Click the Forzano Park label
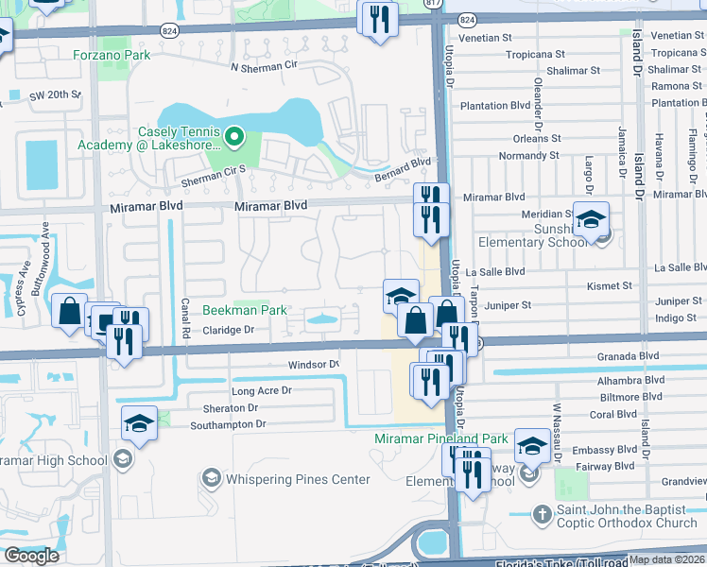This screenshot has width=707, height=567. [x=112, y=55]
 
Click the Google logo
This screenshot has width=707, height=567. [x=31, y=556]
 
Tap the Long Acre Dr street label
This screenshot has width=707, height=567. [x=262, y=390]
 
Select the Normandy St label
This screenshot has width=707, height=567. [x=528, y=155]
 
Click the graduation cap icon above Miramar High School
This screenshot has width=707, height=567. [x=139, y=423]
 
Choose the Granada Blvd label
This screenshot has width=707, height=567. [x=628, y=356]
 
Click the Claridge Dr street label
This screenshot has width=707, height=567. [x=229, y=331]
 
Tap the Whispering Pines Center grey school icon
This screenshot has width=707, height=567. [x=209, y=479]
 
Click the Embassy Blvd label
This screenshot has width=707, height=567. [x=611, y=450]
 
